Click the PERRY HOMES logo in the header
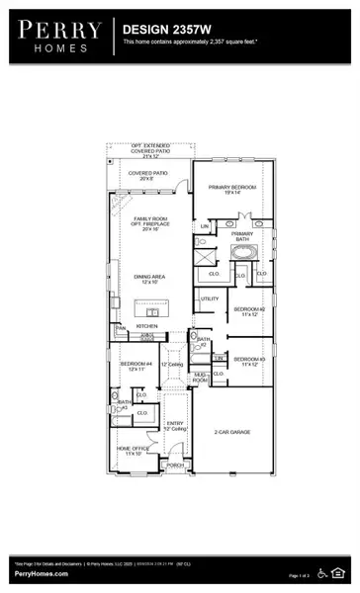58,37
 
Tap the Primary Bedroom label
232,189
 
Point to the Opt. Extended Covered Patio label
150,151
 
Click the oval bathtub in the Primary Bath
242,252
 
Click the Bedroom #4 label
133,366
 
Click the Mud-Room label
201,378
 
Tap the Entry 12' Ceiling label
174,425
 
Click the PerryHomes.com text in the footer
42,574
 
